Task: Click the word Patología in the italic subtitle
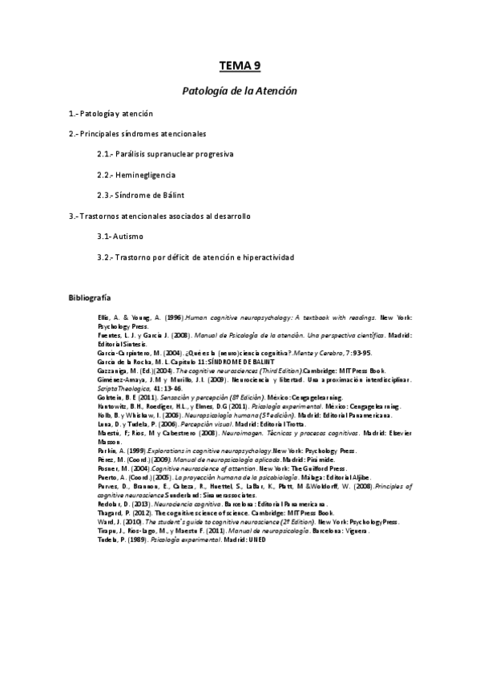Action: [202, 91]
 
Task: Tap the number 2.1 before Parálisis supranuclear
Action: [103, 153]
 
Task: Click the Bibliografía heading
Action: [88, 298]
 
